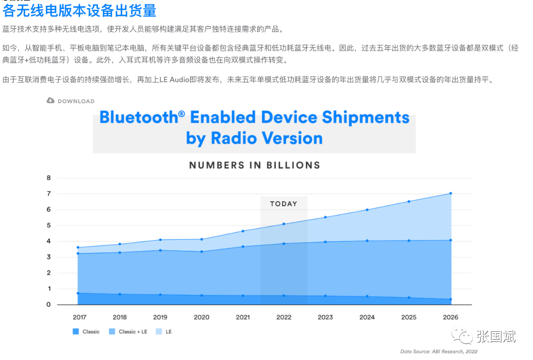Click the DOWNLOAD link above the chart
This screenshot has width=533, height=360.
pyautogui.click(x=71, y=101)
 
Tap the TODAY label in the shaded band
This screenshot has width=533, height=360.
pyautogui.click(x=284, y=204)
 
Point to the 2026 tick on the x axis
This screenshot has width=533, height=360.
pyautogui.click(x=450, y=317)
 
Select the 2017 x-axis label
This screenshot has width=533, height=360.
pyautogui.click(x=80, y=317)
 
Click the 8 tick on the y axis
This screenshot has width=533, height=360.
pyautogui.click(x=48, y=178)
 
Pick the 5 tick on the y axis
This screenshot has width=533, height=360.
pyautogui.click(x=48, y=226)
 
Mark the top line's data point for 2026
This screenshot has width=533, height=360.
pyautogui.click(x=451, y=194)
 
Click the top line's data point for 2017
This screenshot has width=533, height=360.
pyautogui.click(x=78, y=248)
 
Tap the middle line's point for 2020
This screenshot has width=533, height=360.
pyautogui.click(x=202, y=252)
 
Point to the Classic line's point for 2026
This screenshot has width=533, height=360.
pyautogui.click(x=451, y=299)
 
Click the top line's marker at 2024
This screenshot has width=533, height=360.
pyautogui.click(x=367, y=210)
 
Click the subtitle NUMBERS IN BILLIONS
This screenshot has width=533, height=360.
pyautogui.click(x=254, y=165)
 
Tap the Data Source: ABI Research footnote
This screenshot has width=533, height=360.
pyautogui.click(x=439, y=352)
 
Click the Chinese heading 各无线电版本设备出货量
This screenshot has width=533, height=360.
pyautogui.click(x=80, y=11)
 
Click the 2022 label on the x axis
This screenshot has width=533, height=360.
pyautogui.click(x=284, y=317)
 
